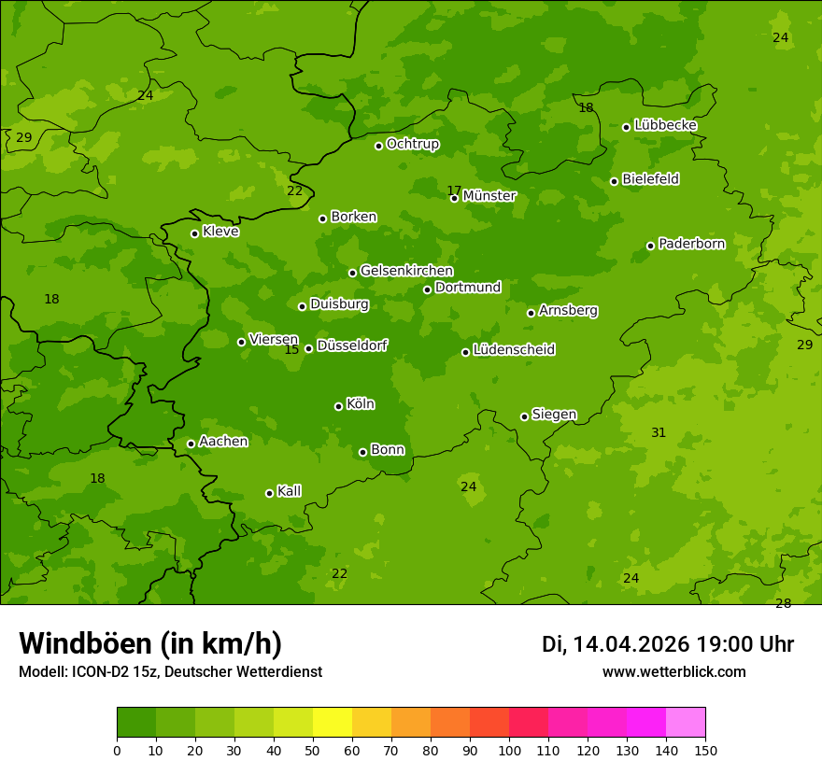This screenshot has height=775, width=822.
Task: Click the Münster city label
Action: pyautogui.click(x=489, y=196)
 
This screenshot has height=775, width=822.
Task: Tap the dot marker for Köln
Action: pyautogui.click(x=338, y=406)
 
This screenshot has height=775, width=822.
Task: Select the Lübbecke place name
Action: pyautogui.click(x=665, y=125)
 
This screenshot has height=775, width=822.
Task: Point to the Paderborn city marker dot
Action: pyautogui.click(x=650, y=246)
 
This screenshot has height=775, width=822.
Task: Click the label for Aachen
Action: pyautogui.click(x=223, y=442)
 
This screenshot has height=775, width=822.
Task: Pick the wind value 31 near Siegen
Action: pyautogui.click(x=659, y=432)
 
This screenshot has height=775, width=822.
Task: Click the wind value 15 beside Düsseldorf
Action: pyautogui.click(x=291, y=349)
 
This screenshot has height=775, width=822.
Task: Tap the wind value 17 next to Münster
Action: pyautogui.click(x=454, y=190)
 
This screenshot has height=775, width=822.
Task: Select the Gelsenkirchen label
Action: pyautogui.click(x=406, y=271)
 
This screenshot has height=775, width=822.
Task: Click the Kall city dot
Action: pyautogui.click(x=269, y=493)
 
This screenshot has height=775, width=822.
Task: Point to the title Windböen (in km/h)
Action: pyautogui.click(x=150, y=643)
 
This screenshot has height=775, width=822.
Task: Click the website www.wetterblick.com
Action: pyautogui.click(x=673, y=672)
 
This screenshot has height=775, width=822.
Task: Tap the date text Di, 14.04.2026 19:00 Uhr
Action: pyautogui.click(x=667, y=644)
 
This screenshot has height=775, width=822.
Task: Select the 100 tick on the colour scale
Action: pyautogui.click(x=509, y=751)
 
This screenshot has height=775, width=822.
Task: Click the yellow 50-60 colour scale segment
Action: pyautogui.click(x=333, y=723)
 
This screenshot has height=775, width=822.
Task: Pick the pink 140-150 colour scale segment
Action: pyautogui.click(x=686, y=723)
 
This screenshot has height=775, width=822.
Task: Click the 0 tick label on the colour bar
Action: pyautogui.click(x=117, y=751)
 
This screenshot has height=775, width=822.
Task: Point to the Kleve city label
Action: pyautogui.click(x=220, y=232)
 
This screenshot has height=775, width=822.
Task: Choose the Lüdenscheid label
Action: pyautogui.click(x=514, y=350)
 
